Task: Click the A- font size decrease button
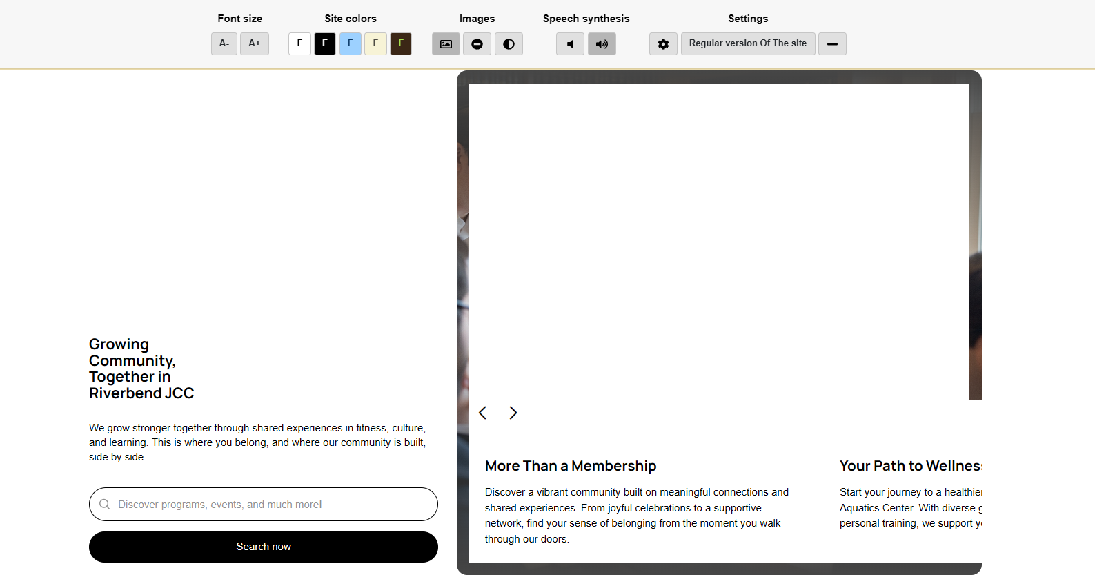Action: [224, 43]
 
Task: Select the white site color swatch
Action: [299, 43]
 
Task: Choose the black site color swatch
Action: [325, 43]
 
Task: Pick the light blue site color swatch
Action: [351, 43]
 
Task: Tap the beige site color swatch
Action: [375, 43]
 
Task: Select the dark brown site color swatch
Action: [401, 43]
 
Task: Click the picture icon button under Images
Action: [446, 44]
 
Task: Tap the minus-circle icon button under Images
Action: [477, 44]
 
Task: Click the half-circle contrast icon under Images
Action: [509, 44]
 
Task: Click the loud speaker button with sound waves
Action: [602, 44]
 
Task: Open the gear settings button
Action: [663, 44]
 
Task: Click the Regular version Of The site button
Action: [748, 43]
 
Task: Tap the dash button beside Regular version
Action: [832, 44]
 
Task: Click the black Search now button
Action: [264, 547]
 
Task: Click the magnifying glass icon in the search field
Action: [105, 505]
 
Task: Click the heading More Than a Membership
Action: [571, 466]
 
